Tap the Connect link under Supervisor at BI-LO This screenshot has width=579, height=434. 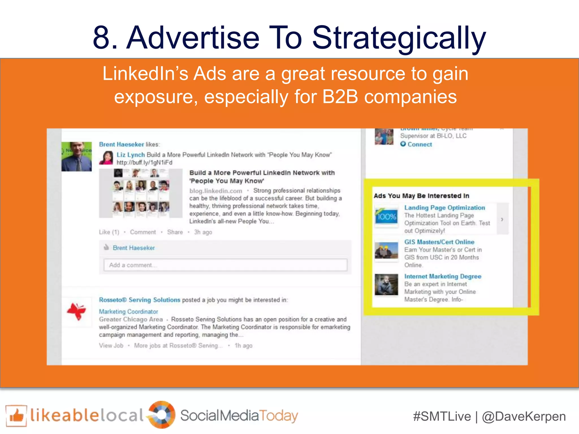[419, 144]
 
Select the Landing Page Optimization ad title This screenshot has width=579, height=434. [444, 208]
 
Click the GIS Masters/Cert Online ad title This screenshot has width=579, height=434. [439, 242]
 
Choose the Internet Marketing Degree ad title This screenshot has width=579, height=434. [442, 276]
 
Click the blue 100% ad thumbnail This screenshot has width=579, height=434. [386, 217]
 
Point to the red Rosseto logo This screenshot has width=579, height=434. [76, 311]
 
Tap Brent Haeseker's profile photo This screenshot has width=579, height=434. [77, 157]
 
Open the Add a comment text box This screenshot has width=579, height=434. [225, 265]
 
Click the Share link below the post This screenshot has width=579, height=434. [175, 232]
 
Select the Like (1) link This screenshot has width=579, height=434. [109, 232]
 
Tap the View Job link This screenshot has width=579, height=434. [111, 346]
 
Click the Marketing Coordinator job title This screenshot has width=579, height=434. [128, 312]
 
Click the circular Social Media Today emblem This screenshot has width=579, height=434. [162, 415]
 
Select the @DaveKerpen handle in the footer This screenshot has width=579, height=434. [524, 417]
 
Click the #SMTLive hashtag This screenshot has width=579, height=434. [442, 417]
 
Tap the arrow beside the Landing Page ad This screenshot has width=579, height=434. [502, 219]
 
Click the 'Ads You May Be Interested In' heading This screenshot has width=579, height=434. [421, 196]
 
